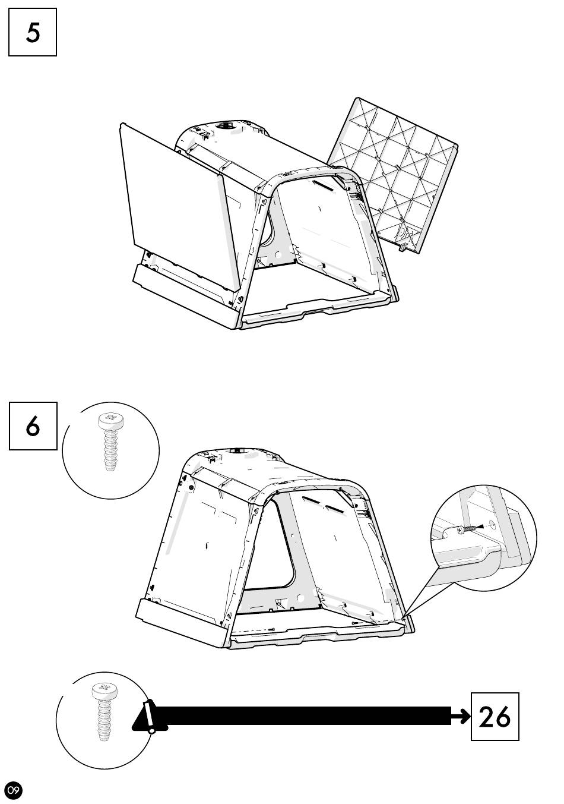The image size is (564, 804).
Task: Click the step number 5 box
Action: pyautogui.click(x=32, y=32)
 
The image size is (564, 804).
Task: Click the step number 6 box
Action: pyautogui.click(x=33, y=425)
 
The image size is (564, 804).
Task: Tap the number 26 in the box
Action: pyautogui.click(x=495, y=717)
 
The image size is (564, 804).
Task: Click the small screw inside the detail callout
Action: pyautogui.click(x=466, y=528)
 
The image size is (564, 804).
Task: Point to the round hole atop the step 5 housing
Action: pyautogui.click(x=225, y=126)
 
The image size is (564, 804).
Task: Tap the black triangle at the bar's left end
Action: pyautogui.click(x=150, y=716)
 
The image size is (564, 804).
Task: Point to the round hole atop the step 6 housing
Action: pyautogui.click(x=237, y=450)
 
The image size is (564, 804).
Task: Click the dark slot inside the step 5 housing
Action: pyautogui.click(x=324, y=185)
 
